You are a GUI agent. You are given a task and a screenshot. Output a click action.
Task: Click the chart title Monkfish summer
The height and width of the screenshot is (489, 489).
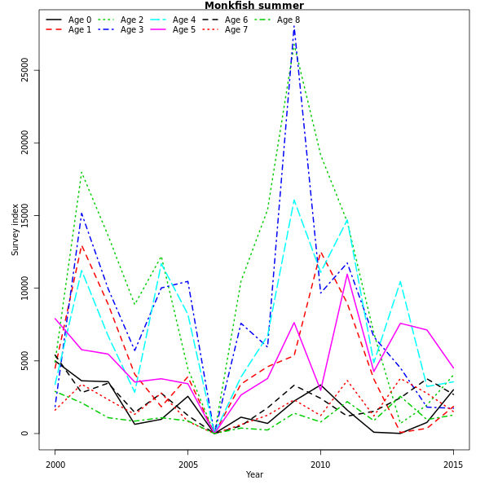tap(242, 6)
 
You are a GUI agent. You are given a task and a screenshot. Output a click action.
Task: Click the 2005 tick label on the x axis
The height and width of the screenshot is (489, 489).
tap(187, 465)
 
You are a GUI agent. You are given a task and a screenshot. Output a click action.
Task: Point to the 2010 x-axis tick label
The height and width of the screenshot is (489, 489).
tap(320, 465)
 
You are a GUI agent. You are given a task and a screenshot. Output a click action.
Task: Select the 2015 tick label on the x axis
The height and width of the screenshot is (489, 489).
tap(453, 465)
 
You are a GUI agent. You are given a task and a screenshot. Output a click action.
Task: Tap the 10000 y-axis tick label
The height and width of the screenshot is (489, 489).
tap(25, 289)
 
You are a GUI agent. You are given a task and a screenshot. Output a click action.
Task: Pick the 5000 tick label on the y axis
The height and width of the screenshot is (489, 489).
tap(25, 361)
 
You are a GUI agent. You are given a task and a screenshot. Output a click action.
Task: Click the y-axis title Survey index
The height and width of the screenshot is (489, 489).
tap(15, 230)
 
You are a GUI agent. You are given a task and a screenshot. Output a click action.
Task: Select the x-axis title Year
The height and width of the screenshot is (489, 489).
tap(254, 475)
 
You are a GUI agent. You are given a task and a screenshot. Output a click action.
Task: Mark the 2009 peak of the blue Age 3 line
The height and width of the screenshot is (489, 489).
tap(293, 27)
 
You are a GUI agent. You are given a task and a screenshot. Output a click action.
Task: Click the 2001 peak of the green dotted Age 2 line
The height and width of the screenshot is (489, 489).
tap(81, 172)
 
